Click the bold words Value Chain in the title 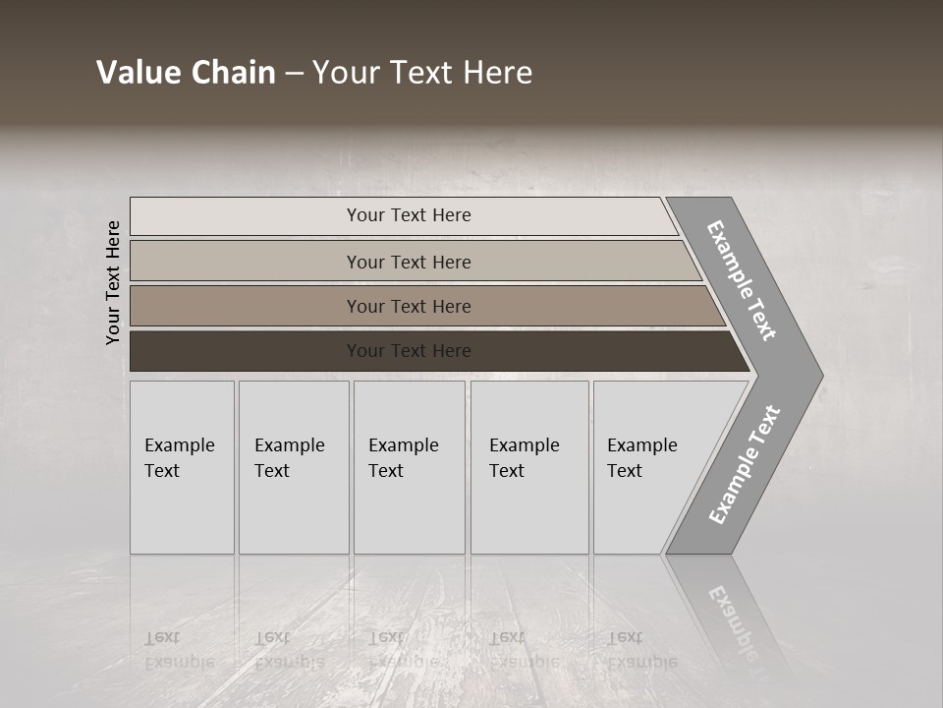(x=186, y=72)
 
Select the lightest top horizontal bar (x=246, y=215)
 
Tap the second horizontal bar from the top (x=246, y=262)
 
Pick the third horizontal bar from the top (x=246, y=306)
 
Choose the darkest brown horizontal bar (x=246, y=351)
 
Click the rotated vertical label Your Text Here (x=113, y=282)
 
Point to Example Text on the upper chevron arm (x=742, y=280)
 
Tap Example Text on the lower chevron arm (x=744, y=465)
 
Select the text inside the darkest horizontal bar (x=409, y=351)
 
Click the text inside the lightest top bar (x=409, y=215)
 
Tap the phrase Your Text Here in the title (x=422, y=72)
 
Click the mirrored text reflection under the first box (x=179, y=649)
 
